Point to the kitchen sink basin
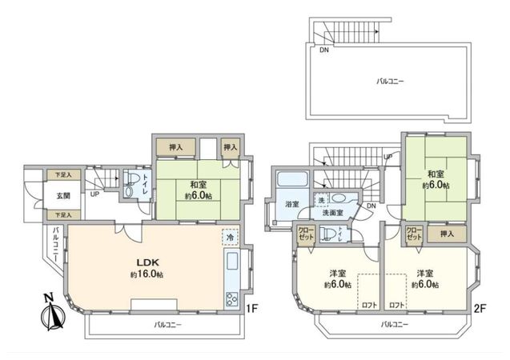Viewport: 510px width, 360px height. click(x=232, y=262)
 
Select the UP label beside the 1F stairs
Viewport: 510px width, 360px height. click(x=94, y=194)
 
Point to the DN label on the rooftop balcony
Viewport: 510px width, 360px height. click(x=324, y=50)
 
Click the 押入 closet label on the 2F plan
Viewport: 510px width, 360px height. click(x=448, y=233)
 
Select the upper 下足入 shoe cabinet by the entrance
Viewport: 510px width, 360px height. click(x=63, y=174)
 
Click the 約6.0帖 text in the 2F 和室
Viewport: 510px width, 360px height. click(x=436, y=186)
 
